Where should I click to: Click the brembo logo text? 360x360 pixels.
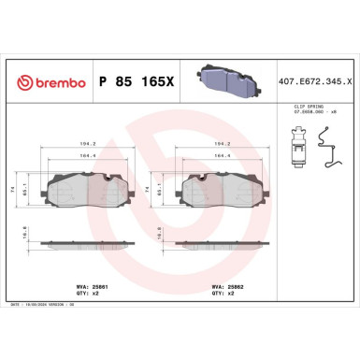pos(48,82)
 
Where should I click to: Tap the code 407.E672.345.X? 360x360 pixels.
pos(317,82)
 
